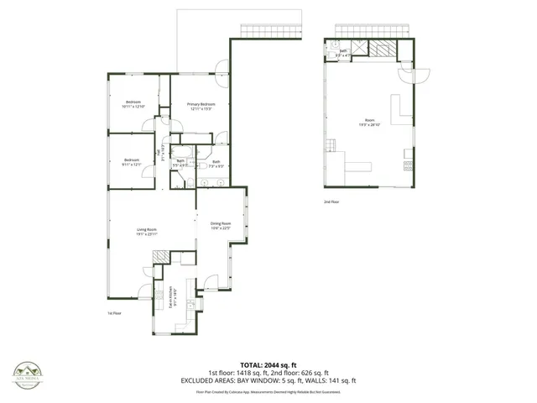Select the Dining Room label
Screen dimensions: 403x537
[221, 223]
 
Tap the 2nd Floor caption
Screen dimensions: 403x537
[332, 202]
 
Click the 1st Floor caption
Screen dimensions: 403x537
[116, 313]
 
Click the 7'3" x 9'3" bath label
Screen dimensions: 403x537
[216, 165]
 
